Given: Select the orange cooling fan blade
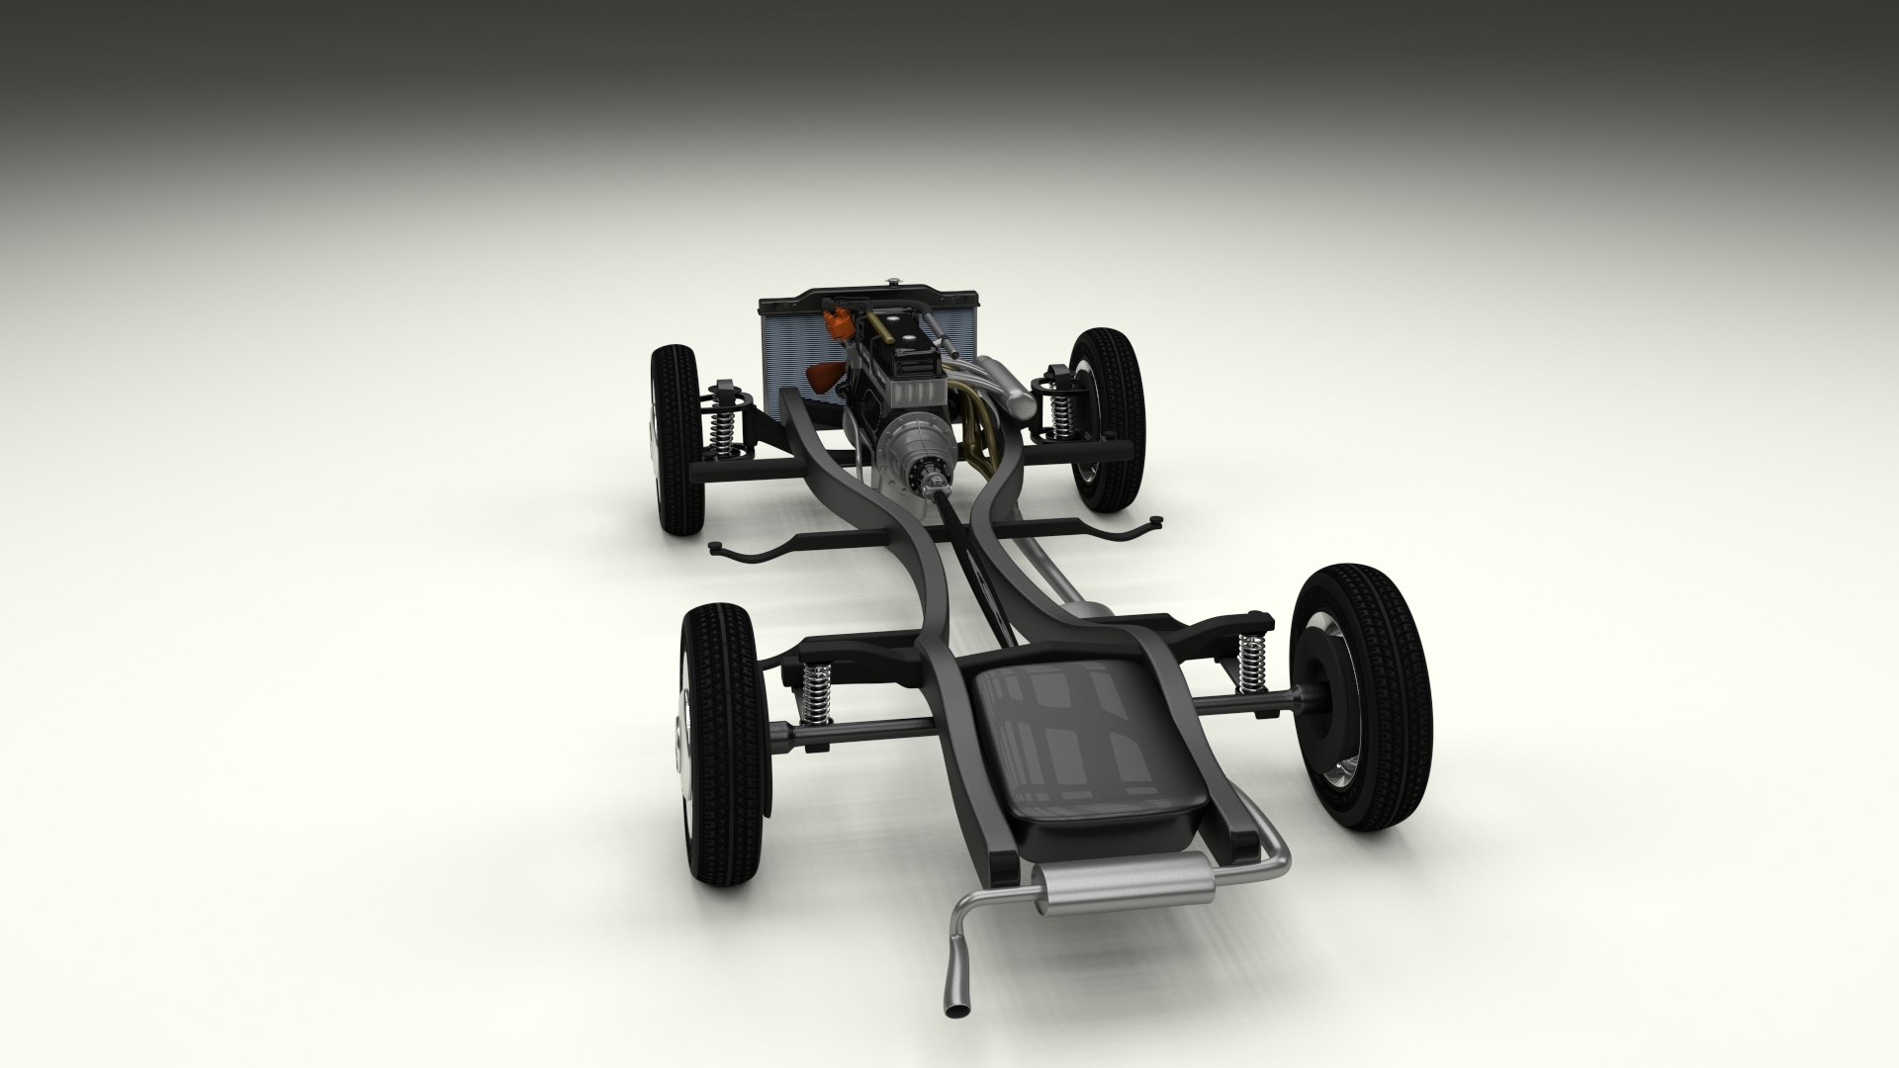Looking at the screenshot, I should (824, 376).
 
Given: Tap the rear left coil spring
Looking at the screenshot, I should (816, 691).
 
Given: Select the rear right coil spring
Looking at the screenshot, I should (1252, 660).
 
